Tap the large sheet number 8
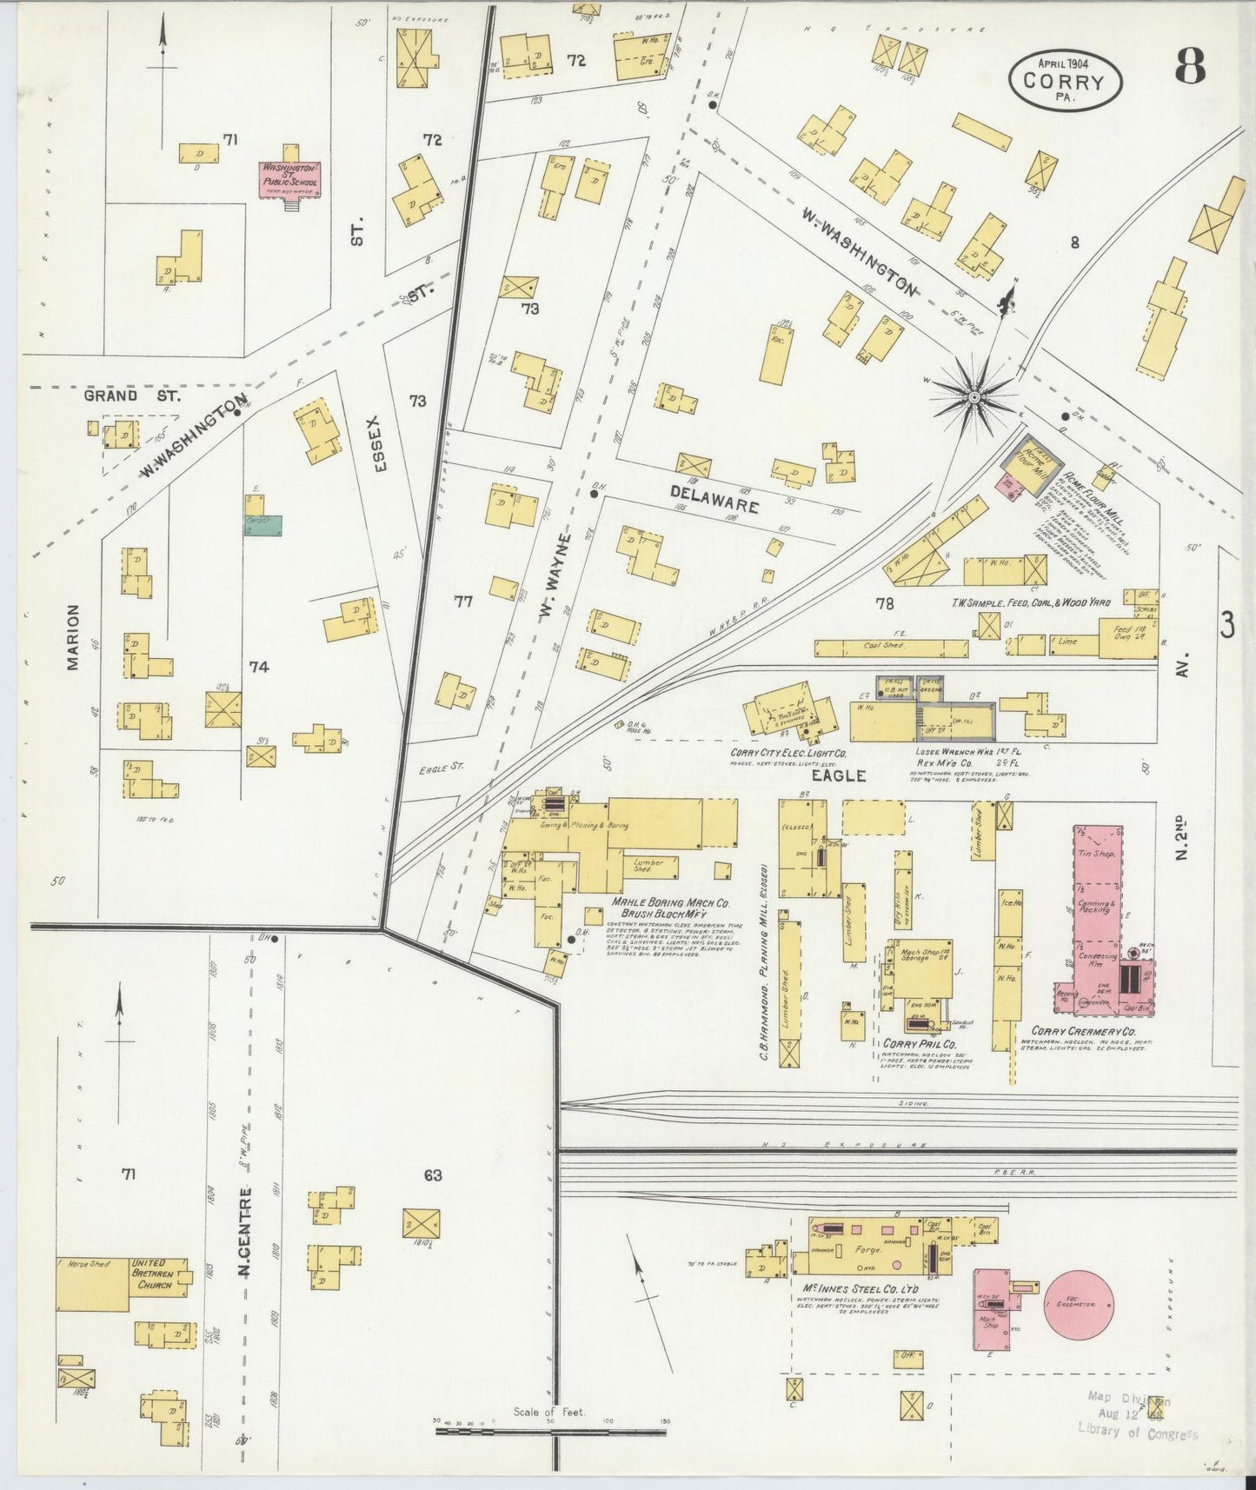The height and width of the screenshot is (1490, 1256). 1190,66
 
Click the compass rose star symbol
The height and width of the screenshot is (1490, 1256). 974,397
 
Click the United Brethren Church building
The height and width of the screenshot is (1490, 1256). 158,1275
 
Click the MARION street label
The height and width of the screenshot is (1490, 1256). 72,637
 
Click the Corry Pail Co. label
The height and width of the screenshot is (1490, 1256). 920,1043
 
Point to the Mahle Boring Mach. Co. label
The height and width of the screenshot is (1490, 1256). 669,903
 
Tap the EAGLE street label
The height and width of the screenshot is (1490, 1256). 840,775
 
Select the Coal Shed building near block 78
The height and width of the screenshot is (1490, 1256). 890,648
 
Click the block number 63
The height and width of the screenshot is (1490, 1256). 433,1176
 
